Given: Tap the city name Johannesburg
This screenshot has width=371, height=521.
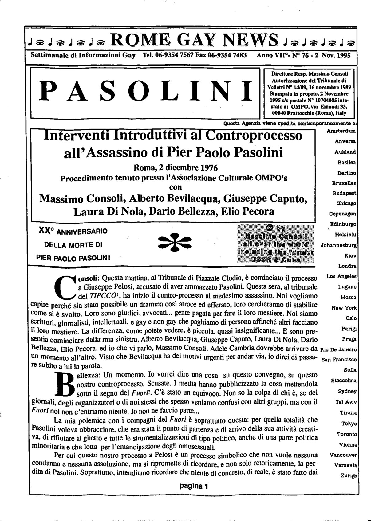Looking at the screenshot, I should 338,246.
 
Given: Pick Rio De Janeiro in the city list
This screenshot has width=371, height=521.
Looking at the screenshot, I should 338,349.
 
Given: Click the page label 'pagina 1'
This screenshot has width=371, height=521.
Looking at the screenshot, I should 194,486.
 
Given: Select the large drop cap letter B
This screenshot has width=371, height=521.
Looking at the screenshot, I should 65,384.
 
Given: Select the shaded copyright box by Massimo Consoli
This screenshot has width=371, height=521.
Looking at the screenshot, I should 276,244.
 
